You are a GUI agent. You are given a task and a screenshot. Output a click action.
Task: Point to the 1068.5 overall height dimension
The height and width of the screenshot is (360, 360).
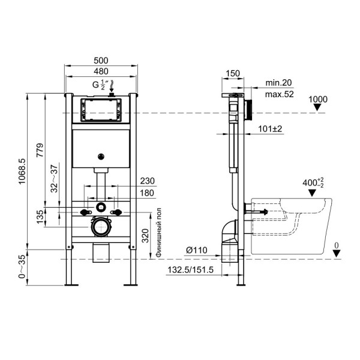[x=22, y=172]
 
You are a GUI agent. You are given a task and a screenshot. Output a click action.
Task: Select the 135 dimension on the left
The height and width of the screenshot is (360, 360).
[x=40, y=217]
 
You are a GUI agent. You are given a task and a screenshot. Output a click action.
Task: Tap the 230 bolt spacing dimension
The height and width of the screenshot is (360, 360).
[x=147, y=181]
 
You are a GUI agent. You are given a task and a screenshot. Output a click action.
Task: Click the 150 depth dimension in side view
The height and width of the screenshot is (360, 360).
[x=233, y=74]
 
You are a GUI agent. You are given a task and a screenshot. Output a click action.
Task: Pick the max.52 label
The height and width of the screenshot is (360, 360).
[x=279, y=94]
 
